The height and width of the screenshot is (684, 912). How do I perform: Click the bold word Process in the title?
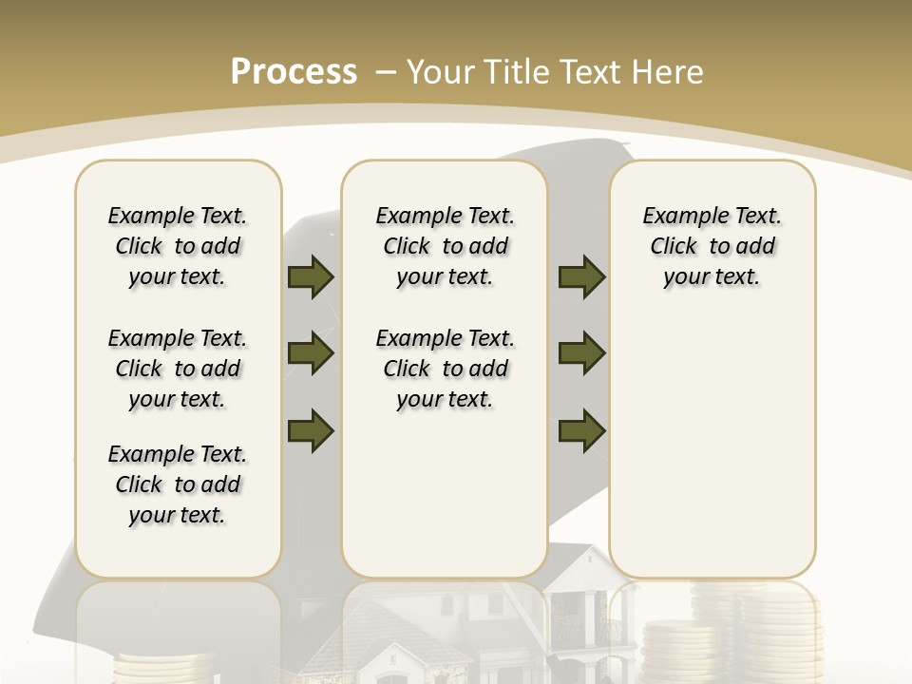(294, 71)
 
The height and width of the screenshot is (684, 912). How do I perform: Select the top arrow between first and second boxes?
(311, 277)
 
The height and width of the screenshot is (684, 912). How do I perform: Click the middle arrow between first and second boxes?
(311, 354)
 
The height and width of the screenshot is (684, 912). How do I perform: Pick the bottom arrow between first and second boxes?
(311, 430)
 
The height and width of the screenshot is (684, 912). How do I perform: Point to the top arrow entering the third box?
(581, 277)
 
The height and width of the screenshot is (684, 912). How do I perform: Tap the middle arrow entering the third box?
(581, 354)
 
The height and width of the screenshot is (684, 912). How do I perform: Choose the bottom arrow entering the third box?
(581, 430)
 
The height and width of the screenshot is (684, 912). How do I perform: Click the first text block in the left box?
(178, 246)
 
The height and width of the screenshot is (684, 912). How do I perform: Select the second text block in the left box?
(178, 369)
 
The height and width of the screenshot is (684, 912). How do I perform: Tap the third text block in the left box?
(178, 484)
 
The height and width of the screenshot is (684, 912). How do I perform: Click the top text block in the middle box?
(445, 246)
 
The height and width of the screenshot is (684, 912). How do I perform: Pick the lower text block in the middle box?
(445, 369)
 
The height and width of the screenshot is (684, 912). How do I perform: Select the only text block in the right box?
(712, 246)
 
